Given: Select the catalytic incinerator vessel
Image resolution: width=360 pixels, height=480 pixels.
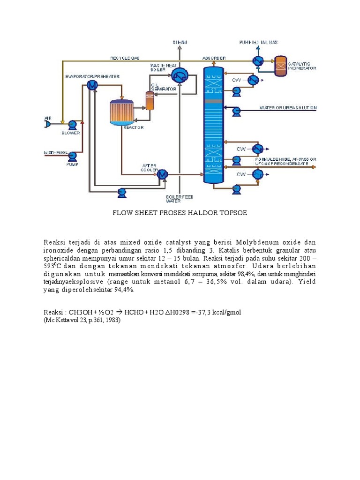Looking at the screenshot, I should [280, 66].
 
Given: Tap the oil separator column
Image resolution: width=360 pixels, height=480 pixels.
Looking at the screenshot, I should [150, 100].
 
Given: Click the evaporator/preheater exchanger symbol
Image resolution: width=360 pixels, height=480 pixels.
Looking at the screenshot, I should [92, 85].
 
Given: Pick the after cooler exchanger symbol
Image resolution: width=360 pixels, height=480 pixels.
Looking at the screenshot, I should [163, 174].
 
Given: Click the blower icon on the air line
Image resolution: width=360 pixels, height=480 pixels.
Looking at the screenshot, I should [72, 124].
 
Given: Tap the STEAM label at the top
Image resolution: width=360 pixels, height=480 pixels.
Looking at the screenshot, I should [180, 42].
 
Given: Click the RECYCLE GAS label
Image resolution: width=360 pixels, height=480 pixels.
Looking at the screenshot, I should [125, 58].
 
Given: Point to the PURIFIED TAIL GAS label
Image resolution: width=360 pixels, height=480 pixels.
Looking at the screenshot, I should [258, 42].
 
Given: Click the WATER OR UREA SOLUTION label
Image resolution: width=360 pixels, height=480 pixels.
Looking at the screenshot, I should [288, 108].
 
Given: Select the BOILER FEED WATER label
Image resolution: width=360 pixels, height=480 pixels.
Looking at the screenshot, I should [180, 199].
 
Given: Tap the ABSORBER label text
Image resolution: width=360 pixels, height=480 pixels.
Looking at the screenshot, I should [214, 58].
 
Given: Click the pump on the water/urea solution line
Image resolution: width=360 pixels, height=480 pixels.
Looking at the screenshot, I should [236, 111].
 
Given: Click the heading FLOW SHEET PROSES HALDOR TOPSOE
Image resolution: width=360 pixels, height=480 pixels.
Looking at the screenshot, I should [180, 213].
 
